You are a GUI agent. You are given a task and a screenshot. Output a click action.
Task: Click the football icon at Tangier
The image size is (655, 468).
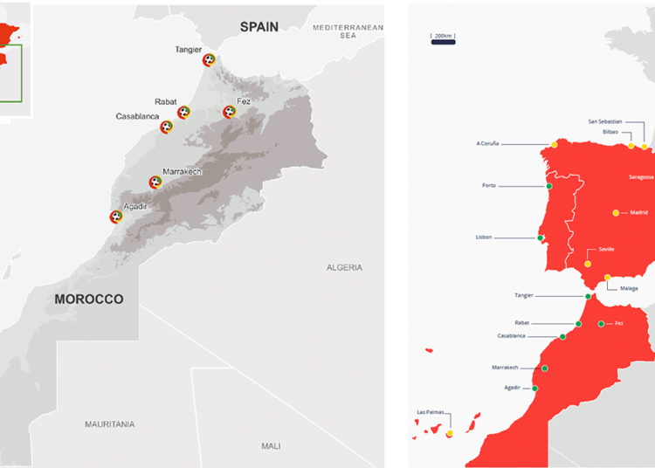209,60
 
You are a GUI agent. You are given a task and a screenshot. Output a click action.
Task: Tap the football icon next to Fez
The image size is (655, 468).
229,112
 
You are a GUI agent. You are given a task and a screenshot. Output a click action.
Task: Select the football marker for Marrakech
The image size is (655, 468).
155,182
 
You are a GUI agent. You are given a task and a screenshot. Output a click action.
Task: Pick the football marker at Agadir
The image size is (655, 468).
115,217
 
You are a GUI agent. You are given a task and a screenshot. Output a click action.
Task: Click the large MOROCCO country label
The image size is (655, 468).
88,299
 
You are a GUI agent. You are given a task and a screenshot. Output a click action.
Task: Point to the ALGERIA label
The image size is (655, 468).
344,267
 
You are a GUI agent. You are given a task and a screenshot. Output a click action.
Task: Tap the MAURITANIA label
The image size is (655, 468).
110,424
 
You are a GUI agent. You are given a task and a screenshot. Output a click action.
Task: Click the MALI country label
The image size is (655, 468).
271,446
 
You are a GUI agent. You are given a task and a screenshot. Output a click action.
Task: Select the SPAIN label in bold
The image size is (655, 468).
259,27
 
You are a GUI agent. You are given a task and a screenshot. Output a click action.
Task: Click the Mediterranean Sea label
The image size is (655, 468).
348,31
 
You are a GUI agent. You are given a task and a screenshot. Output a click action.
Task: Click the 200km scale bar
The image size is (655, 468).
443,37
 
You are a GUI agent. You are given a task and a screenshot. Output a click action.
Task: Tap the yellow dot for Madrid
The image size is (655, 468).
616,213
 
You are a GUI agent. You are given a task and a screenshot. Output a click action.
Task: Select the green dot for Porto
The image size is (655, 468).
549,186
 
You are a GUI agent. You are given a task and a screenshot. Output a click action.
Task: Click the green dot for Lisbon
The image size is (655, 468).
541,237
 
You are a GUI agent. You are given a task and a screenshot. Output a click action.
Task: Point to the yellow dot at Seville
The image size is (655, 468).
588,264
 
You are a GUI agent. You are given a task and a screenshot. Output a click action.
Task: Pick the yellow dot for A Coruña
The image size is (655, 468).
554,144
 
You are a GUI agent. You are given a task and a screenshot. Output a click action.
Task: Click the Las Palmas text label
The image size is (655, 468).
432,411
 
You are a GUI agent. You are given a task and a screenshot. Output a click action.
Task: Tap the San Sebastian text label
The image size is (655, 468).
605,121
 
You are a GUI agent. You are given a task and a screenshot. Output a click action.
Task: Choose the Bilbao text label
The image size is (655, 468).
610,132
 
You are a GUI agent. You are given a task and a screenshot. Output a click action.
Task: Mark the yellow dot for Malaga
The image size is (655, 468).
608,278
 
